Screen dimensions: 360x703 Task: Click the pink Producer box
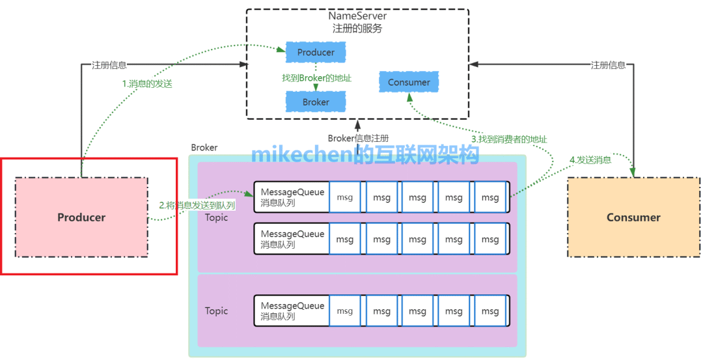(x=81, y=217)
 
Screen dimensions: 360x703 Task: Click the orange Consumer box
(x=633, y=217)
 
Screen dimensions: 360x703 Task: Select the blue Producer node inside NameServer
(x=316, y=52)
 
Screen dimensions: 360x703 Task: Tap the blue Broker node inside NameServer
(x=316, y=102)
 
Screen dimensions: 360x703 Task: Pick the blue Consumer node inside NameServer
(x=409, y=82)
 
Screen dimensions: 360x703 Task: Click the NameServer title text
(x=357, y=16)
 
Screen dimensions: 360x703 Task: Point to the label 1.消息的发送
(x=147, y=83)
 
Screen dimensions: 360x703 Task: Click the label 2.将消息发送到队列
(x=197, y=204)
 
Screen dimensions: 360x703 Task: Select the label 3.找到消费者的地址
(x=509, y=139)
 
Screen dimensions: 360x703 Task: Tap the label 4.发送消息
(x=590, y=159)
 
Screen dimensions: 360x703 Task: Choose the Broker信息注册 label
(x=358, y=138)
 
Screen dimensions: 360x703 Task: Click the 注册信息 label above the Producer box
(x=109, y=65)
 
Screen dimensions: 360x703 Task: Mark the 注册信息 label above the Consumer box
(x=608, y=65)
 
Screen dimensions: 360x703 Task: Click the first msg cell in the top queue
(x=344, y=198)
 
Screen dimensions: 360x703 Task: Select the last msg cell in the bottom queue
(x=490, y=311)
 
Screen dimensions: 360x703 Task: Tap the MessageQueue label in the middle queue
(x=292, y=234)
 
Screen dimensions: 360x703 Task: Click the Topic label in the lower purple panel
(x=216, y=311)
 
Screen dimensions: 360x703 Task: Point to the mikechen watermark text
(x=365, y=154)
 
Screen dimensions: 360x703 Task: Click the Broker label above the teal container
(x=204, y=148)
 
